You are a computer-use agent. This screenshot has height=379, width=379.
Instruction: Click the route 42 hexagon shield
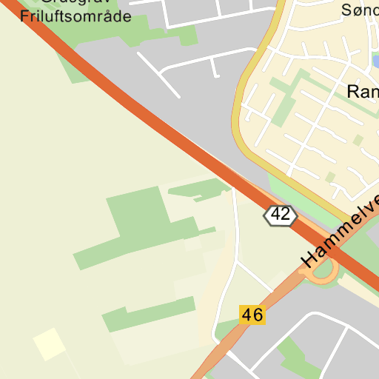[280, 215]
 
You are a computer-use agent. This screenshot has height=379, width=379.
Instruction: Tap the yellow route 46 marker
[252, 315]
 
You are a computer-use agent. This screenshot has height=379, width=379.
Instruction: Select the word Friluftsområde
[76, 17]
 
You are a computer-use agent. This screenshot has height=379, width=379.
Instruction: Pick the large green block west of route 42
[141, 215]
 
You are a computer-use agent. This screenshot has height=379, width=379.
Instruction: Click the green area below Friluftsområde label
[74, 59]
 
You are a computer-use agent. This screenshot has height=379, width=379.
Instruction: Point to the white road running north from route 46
[236, 229]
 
